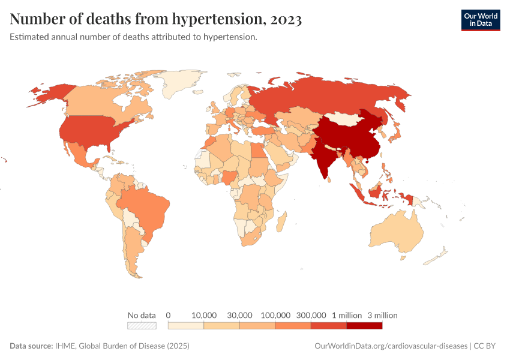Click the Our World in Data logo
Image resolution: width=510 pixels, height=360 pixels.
tap(480, 20)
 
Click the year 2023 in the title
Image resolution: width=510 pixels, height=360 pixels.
tap(286, 19)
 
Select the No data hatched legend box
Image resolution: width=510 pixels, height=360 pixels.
tap(142, 326)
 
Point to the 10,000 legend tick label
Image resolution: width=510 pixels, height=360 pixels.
tap(203, 315)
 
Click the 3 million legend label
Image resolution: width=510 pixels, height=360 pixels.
tap(382, 315)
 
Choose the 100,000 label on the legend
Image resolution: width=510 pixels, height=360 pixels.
tap(275, 315)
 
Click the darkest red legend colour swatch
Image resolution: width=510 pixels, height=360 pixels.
tap(364, 326)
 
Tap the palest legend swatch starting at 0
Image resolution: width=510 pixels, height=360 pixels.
tap(186, 326)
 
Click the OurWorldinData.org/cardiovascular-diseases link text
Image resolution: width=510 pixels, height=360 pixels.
tap(391, 346)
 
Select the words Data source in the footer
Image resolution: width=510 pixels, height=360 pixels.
tap(31, 346)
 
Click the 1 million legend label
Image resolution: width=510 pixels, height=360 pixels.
tap(347, 315)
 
